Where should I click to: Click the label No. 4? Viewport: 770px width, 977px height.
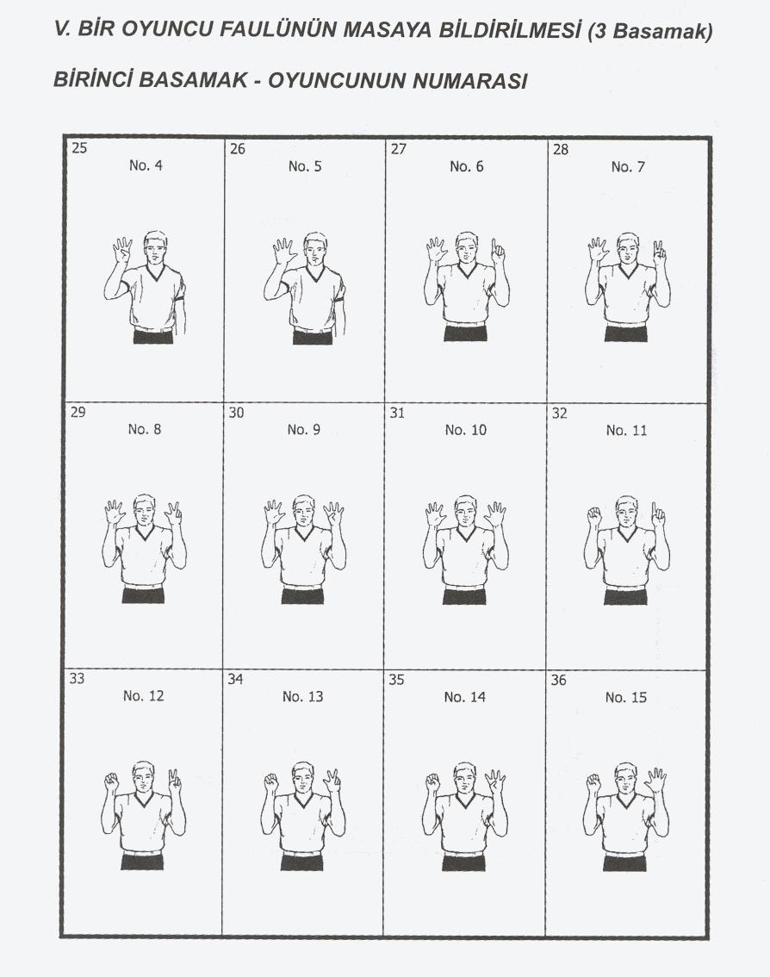(x=146, y=165)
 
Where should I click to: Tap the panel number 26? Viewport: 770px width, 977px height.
(x=238, y=149)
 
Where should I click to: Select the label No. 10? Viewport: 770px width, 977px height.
(x=465, y=430)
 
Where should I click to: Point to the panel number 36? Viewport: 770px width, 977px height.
(x=558, y=680)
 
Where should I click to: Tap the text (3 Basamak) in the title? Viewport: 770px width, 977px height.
(x=649, y=31)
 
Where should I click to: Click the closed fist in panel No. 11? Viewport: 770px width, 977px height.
(x=594, y=514)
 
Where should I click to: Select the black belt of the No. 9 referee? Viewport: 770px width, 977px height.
(x=302, y=595)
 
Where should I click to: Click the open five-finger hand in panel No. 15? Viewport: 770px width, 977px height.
(x=656, y=779)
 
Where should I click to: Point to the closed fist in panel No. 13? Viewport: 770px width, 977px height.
(x=271, y=781)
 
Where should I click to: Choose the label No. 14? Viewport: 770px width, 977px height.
(x=465, y=697)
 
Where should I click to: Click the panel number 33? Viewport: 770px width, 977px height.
(x=77, y=678)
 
